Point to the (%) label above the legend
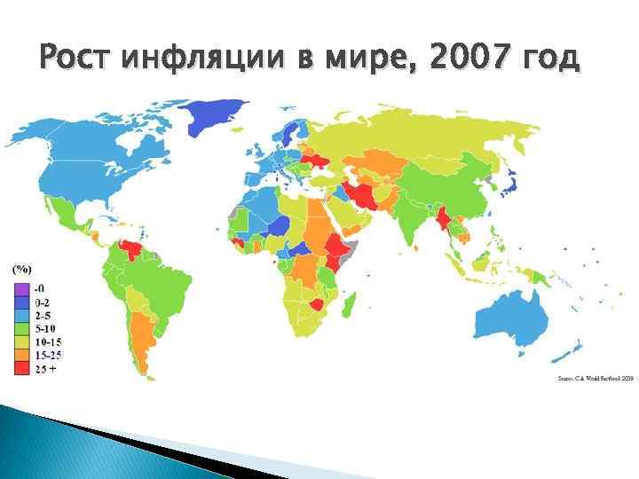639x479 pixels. (x=21, y=267)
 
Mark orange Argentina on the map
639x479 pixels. (x=142, y=337)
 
